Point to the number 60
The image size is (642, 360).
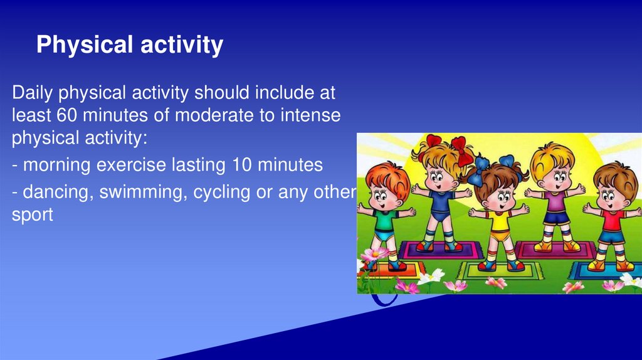coord(66,115)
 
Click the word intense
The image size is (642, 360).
coord(310,115)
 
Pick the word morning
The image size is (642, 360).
coord(56,166)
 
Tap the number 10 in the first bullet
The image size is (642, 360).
coord(242,165)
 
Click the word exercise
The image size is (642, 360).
coord(131,165)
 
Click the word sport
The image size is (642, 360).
coord(33,215)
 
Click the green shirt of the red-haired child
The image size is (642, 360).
coord(384,221)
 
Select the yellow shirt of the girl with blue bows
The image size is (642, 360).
coord(498,220)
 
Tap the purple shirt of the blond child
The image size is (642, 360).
coord(555,201)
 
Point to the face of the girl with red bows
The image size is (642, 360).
coord(437,177)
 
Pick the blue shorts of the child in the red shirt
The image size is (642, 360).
coord(611,238)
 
